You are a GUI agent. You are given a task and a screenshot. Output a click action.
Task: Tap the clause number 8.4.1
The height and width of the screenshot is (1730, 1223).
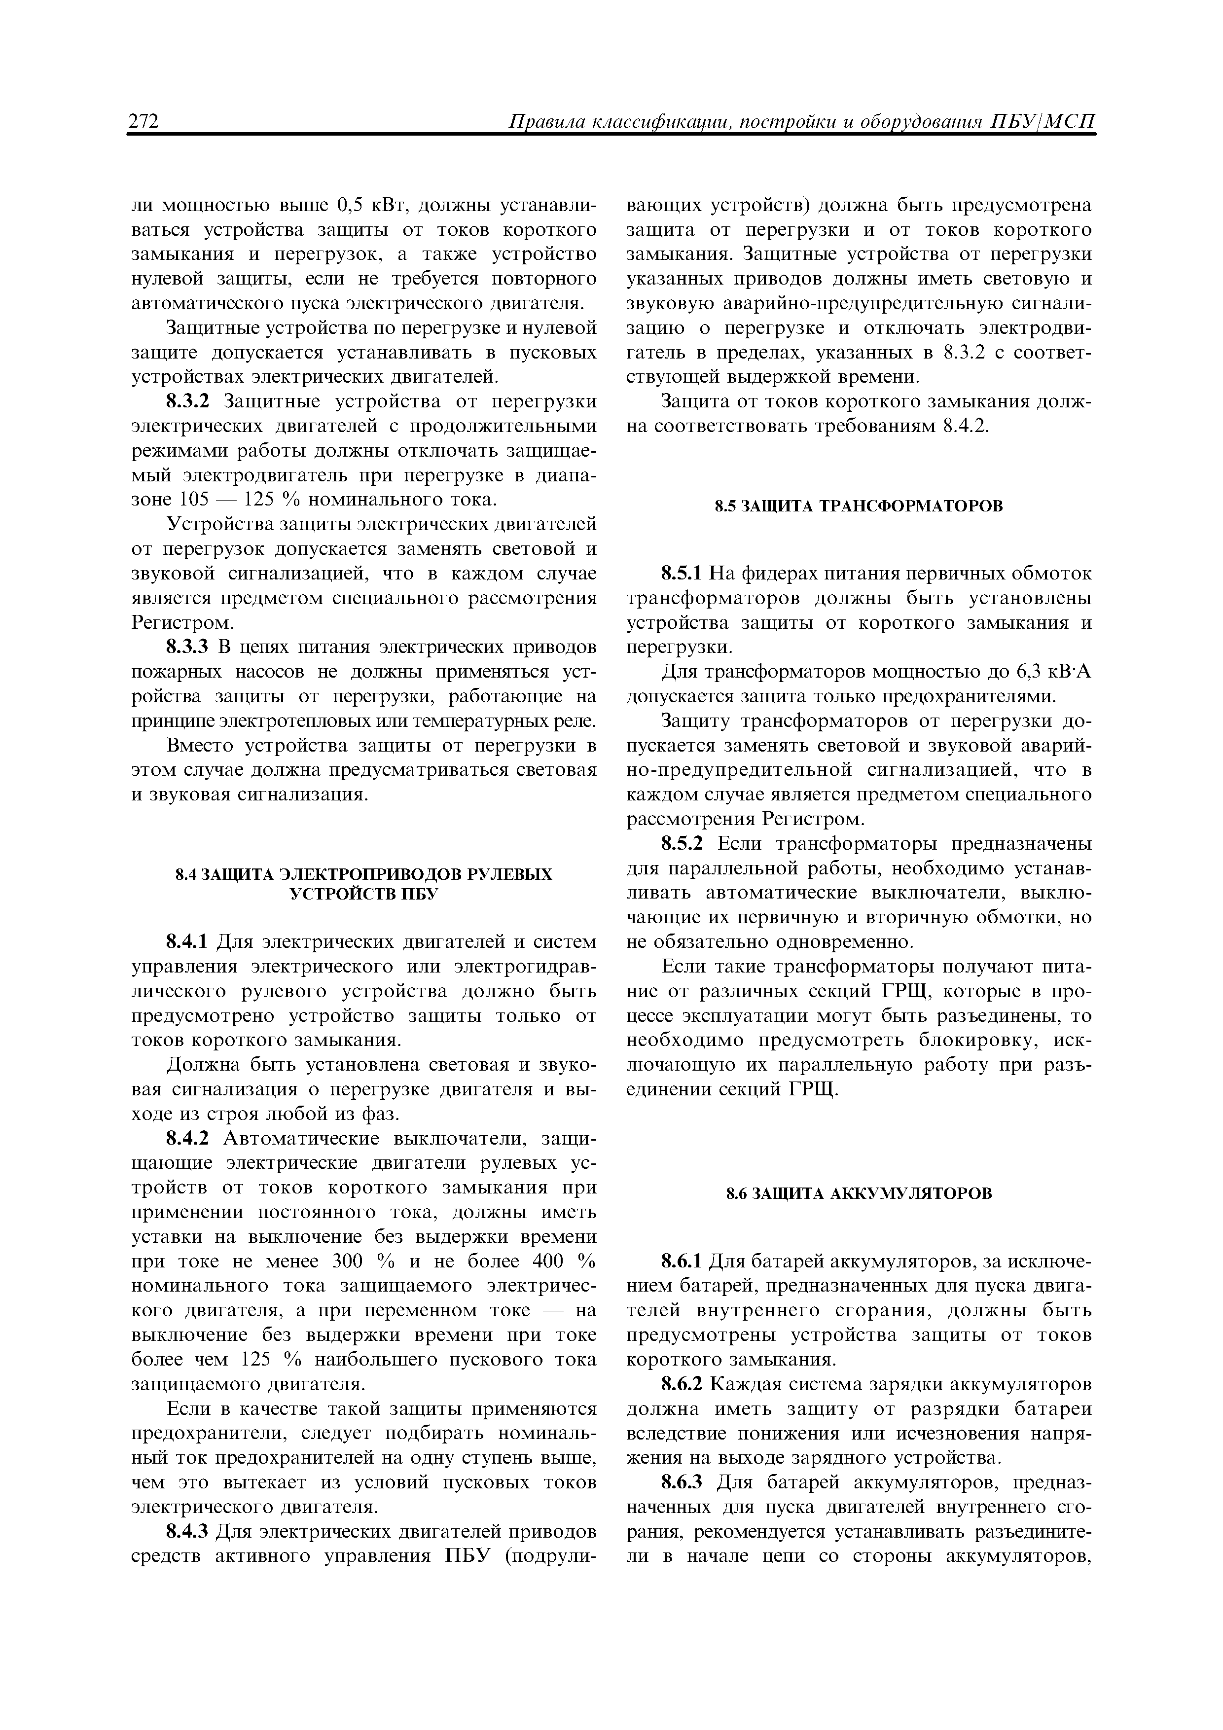click(x=189, y=942)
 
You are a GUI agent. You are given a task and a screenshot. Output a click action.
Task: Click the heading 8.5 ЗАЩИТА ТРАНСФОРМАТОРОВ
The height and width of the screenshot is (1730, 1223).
click(x=859, y=505)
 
